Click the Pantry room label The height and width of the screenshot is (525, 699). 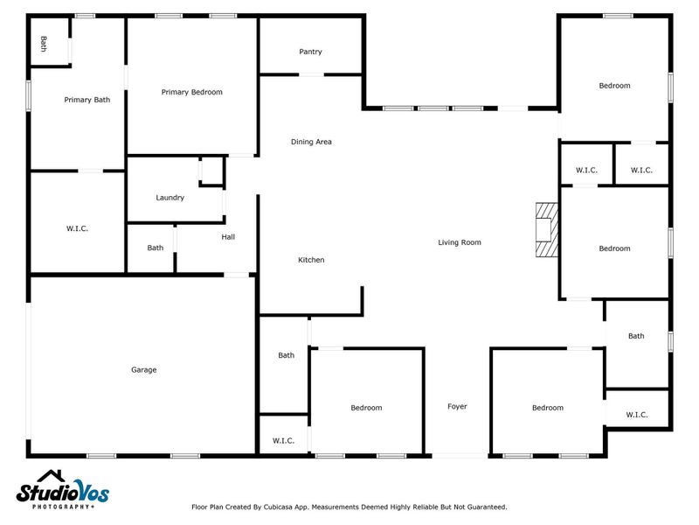tap(310, 52)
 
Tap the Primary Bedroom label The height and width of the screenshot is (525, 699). tap(192, 92)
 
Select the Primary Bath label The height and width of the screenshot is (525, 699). tap(87, 100)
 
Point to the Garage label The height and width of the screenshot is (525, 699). tap(144, 370)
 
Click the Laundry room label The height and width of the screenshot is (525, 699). tap(170, 198)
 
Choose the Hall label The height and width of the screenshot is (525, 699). tap(228, 236)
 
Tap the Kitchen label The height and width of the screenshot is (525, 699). tap(311, 260)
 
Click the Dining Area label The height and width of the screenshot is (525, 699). tap(311, 142)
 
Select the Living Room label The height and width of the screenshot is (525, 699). tap(460, 242)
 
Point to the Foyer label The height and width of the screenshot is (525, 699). tap(457, 407)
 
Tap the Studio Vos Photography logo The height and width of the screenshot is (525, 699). tap(63, 492)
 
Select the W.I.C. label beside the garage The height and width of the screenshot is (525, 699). tap(77, 228)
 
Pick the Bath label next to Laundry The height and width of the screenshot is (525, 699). tap(155, 248)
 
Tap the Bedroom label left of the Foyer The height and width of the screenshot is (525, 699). tap(366, 408)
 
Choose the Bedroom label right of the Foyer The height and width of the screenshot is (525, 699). tap(548, 408)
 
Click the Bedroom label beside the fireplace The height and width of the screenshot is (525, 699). tap(614, 248)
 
